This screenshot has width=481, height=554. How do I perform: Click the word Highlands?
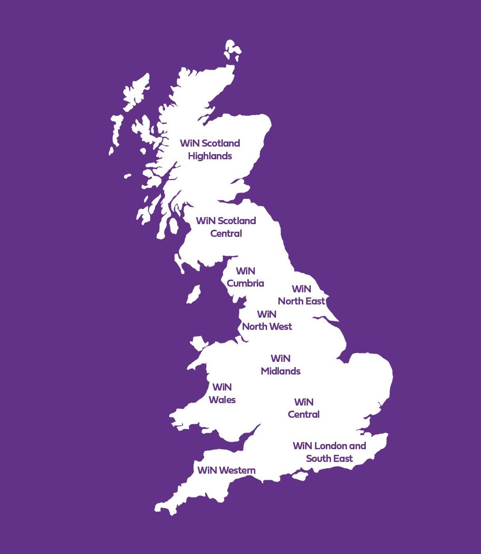[x=210, y=156]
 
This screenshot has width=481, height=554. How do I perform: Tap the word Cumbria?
[x=245, y=283]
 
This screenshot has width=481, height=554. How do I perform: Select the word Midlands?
[x=281, y=371]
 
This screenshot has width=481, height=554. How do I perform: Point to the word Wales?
[x=222, y=400]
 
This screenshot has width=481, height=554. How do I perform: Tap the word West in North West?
[x=280, y=327]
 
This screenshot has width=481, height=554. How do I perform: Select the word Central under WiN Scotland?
[x=226, y=234]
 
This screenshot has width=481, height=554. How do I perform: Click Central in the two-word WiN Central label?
[x=304, y=414]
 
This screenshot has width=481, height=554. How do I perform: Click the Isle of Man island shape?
[x=193, y=295]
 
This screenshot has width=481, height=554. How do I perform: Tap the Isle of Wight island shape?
[x=300, y=476]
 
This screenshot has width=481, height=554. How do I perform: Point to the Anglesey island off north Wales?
[x=198, y=342]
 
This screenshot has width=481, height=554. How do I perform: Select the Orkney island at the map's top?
[x=232, y=48]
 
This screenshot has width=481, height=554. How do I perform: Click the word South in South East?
[x=319, y=458]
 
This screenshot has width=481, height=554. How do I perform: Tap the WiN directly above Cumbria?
[x=245, y=271]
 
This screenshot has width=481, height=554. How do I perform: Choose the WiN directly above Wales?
[x=222, y=387]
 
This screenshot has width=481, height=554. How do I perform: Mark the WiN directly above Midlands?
[x=281, y=359]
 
